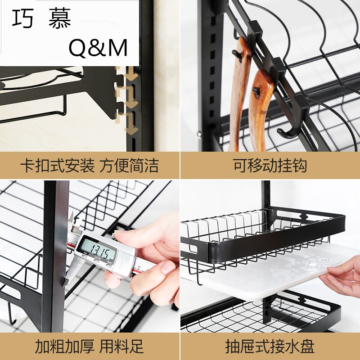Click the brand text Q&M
(x=98, y=48)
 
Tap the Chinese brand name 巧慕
(x=41, y=18)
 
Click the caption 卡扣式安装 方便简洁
(x=90, y=165)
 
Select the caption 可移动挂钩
(x=270, y=165)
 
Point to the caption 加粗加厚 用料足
(x=90, y=346)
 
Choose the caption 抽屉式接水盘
(x=270, y=346)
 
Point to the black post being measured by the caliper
(x=55, y=256)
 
